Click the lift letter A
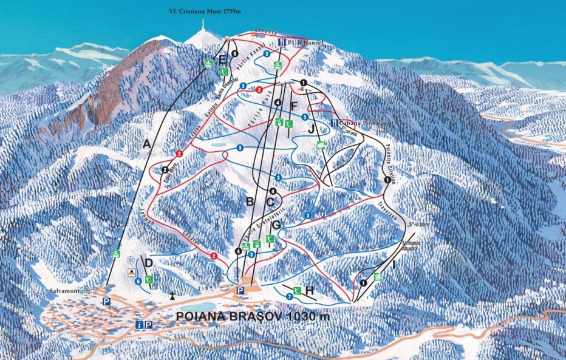click(145, 144)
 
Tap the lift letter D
click(148, 263)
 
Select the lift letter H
click(310, 291)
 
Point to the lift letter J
click(311, 128)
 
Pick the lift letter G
click(276, 225)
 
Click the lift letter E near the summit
click(222, 59)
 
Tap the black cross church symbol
click(173, 296)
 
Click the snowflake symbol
click(130, 261)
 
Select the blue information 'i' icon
click(139, 325)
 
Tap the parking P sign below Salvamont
click(106, 302)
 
